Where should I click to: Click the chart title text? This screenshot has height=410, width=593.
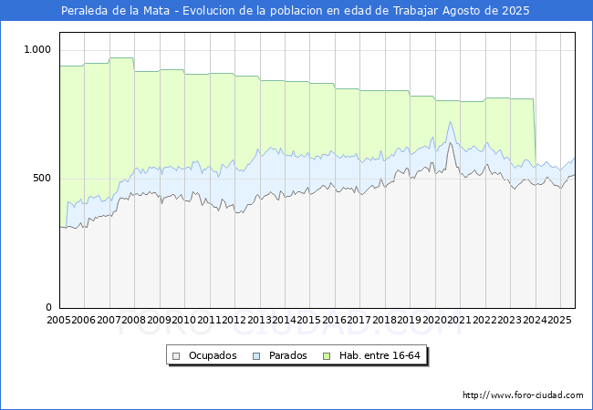tap(296, 11)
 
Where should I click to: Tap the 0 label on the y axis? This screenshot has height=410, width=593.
tap(49, 308)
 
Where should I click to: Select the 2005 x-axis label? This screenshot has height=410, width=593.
tap(59, 320)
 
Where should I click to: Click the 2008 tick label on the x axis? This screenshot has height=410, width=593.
tap(134, 320)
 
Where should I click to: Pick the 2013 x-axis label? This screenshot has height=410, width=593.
tap(259, 320)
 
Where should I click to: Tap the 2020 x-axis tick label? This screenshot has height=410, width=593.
tap(434, 320)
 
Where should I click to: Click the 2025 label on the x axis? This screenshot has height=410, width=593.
tap(558, 320)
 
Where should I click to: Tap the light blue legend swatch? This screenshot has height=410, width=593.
tap(258, 355)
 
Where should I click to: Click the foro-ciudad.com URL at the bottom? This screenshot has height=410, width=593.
tap(523, 395)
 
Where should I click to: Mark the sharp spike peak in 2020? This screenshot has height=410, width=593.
tap(450, 123)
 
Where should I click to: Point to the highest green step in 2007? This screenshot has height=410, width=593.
tap(121, 58)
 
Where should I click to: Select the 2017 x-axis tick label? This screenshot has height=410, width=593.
tap(359, 320)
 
